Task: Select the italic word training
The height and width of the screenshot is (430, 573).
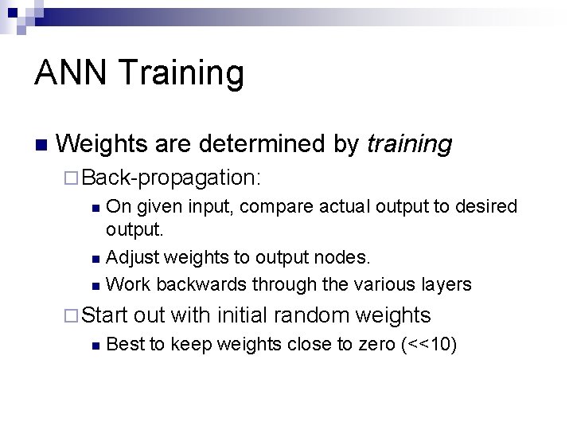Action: click(x=409, y=144)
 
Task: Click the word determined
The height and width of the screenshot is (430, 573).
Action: click(x=263, y=143)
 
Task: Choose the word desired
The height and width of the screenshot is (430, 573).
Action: click(x=485, y=207)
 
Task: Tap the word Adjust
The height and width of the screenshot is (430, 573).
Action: click(x=131, y=258)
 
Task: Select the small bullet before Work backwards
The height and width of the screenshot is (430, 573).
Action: click(x=95, y=285)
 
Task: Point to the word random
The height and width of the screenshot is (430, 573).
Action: click(x=311, y=315)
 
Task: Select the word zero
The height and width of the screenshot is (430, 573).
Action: click(x=373, y=346)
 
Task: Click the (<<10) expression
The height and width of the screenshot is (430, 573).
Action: click(x=430, y=346)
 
